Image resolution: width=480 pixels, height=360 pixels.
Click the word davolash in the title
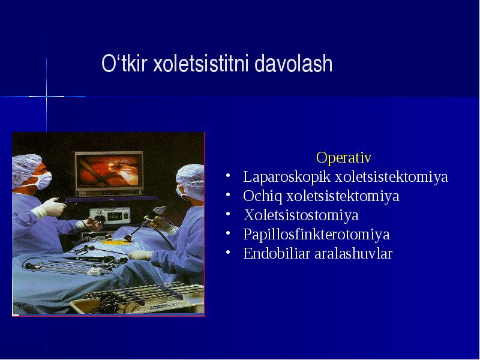pos(293,64)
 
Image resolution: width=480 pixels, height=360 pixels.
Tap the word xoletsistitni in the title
pos(200,64)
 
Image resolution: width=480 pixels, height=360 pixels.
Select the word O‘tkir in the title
pos(124,64)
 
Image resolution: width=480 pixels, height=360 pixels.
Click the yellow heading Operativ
pos(344,157)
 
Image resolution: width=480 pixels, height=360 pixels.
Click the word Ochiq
pos(263,196)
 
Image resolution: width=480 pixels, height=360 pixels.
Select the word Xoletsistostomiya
pos(301,215)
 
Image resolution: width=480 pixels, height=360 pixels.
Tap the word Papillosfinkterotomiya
pos(317,235)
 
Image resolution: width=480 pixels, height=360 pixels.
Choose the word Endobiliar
pos(277,253)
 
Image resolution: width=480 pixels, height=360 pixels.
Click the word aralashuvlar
pos(353,253)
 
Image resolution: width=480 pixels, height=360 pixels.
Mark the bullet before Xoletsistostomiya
pos(228,215)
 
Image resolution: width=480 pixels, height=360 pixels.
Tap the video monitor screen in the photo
pos(109,171)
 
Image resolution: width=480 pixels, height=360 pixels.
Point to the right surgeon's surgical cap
pos(191,181)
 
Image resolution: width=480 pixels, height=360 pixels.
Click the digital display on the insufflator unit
pos(115,217)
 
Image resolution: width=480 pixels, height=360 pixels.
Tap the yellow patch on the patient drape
pos(114,243)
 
